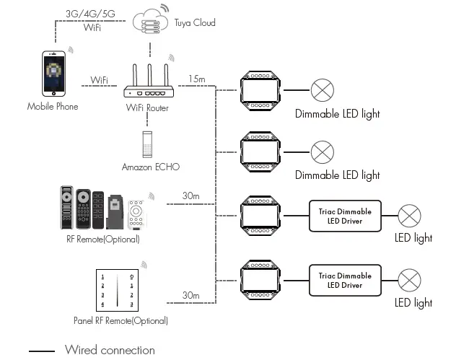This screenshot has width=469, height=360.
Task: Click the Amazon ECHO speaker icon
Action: click(148, 144)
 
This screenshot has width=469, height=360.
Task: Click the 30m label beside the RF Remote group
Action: click(190, 196)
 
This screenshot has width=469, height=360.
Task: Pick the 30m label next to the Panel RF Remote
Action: click(190, 295)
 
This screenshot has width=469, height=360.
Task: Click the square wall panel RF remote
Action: click(116, 290)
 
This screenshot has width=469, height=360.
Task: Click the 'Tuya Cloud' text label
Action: click(195, 22)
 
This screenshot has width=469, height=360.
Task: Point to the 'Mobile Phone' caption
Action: click(53, 107)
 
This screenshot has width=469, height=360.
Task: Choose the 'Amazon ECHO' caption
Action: click(150, 167)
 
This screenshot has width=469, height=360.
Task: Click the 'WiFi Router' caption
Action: click(147, 107)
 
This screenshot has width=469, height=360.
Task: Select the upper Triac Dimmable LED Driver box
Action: click(345, 216)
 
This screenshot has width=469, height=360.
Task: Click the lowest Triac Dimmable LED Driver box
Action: click(345, 280)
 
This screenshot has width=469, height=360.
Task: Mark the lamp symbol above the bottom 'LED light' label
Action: click(411, 280)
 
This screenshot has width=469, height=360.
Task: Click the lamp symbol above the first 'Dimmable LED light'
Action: click(323, 90)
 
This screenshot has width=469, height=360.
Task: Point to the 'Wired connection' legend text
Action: click(110, 350)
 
